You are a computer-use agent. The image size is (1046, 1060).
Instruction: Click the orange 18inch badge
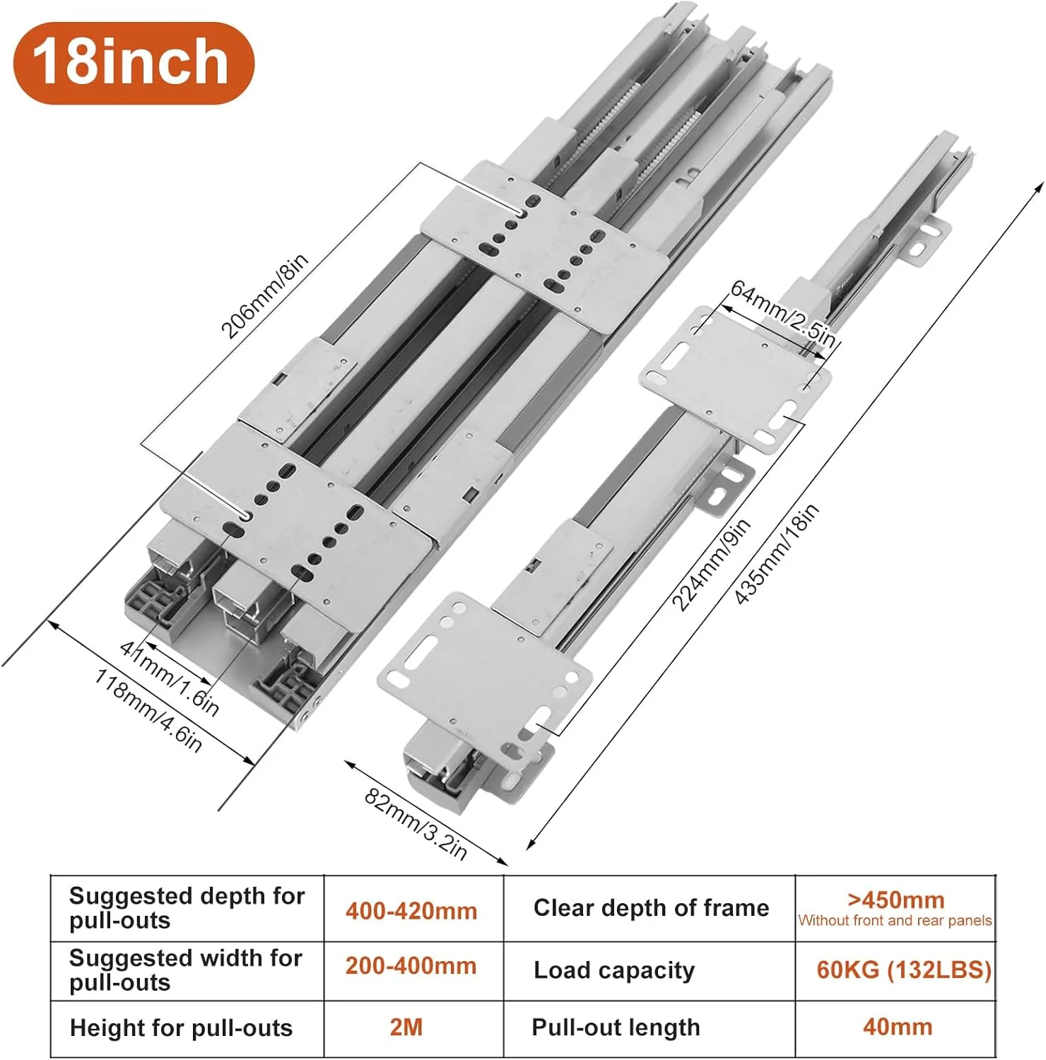tap(134, 63)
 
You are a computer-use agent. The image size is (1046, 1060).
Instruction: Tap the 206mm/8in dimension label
tap(265, 296)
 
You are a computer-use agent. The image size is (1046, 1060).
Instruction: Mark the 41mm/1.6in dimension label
tap(170, 677)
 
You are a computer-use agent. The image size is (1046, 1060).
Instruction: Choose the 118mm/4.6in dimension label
tap(148, 709)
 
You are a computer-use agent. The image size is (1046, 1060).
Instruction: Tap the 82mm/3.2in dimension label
tap(416, 824)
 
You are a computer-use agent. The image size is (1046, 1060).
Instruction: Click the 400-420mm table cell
tap(411, 911)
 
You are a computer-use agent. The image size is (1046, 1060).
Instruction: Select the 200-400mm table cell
tap(411, 966)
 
